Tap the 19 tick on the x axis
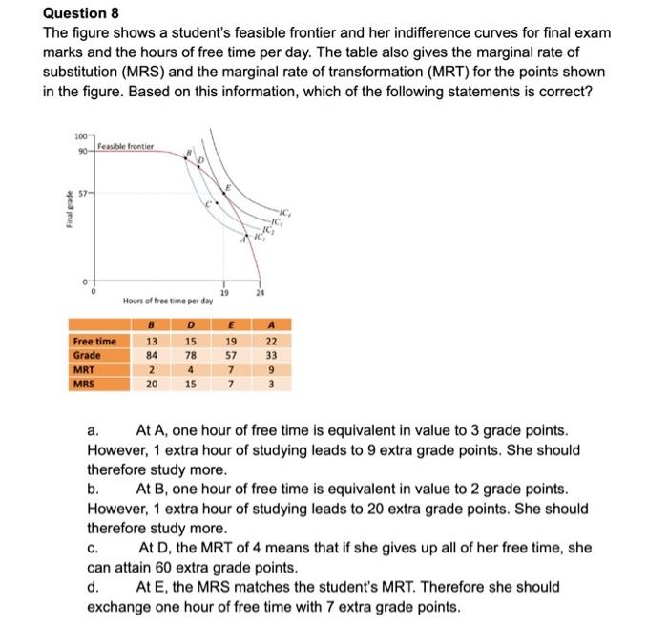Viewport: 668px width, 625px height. pyautogui.click(x=225, y=293)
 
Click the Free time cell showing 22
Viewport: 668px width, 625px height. pyautogui.click(x=272, y=341)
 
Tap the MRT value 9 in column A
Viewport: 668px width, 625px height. pyautogui.click(x=272, y=369)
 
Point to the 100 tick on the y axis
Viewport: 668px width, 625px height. pyautogui.click(x=80, y=140)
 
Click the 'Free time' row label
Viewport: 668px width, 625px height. pyautogui.click(x=94, y=341)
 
